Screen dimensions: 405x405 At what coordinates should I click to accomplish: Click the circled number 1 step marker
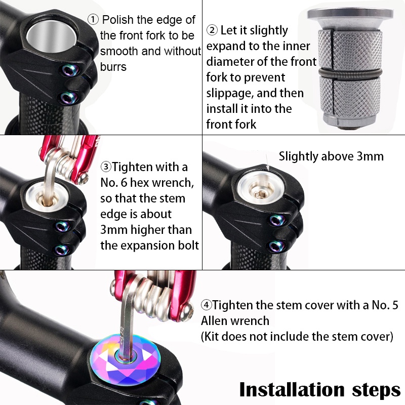click(93, 20)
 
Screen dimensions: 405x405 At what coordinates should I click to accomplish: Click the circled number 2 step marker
click(212, 30)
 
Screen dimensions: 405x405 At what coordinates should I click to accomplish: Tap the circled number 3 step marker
click(106, 167)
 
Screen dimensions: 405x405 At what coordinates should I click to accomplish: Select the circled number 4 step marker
click(206, 305)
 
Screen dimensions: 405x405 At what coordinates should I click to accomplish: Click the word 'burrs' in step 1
click(113, 67)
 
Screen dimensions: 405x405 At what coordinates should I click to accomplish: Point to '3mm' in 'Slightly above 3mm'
click(370, 156)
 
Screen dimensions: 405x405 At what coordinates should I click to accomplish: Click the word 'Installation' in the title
click(292, 389)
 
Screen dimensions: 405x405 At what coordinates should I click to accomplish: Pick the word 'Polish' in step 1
click(118, 20)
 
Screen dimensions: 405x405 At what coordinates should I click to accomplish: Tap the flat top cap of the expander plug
click(350, 14)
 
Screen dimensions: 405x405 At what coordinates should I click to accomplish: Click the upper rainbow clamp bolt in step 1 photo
click(69, 70)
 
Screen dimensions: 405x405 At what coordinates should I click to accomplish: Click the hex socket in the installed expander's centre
click(260, 193)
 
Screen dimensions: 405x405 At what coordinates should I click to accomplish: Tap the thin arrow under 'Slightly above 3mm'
click(268, 163)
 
